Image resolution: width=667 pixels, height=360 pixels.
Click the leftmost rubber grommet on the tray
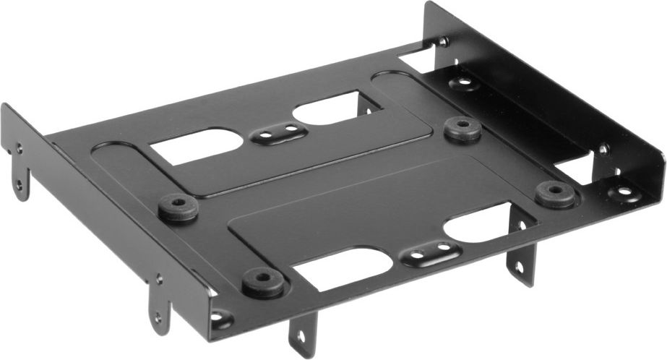[x=178, y=207]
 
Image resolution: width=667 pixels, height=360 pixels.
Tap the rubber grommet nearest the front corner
[x=262, y=281]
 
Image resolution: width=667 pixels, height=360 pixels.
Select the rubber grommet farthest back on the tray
[x=462, y=128]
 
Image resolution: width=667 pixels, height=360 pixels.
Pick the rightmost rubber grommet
[x=555, y=193]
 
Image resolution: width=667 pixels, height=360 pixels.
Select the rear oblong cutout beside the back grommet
[x=329, y=108]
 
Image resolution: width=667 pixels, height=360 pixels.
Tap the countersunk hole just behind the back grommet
[x=463, y=82]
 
